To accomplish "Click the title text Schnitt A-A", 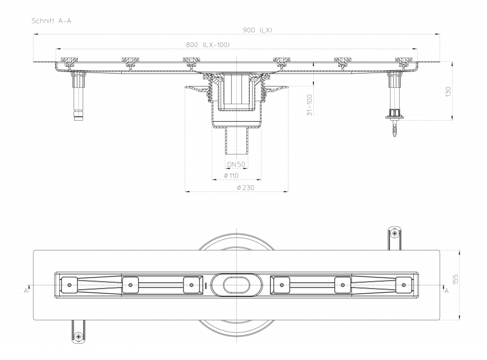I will tap(51, 21).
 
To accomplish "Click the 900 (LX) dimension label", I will tap(257, 30).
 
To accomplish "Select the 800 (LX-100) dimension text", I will tap(208, 45).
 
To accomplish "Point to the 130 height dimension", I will tap(448, 91).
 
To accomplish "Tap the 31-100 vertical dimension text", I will tap(310, 104).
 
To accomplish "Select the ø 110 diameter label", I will tap(231, 175).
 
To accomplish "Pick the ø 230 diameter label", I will tap(246, 187).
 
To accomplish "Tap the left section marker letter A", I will tap(25, 291).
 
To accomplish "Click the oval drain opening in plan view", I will tap(236, 285).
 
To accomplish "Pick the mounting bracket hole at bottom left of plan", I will tap(79, 336).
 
